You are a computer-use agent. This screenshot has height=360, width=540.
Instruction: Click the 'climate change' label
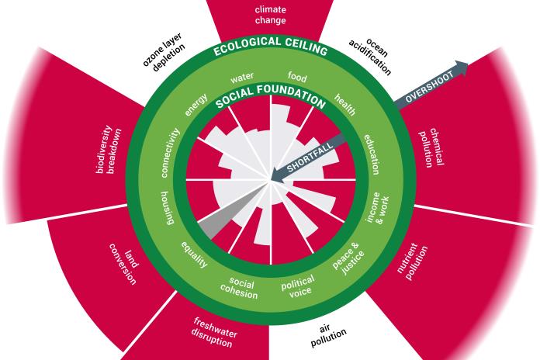tap(270, 15)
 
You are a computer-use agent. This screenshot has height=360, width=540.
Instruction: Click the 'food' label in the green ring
tap(297, 77)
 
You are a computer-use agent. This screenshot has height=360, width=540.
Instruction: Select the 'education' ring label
tap(372, 152)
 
